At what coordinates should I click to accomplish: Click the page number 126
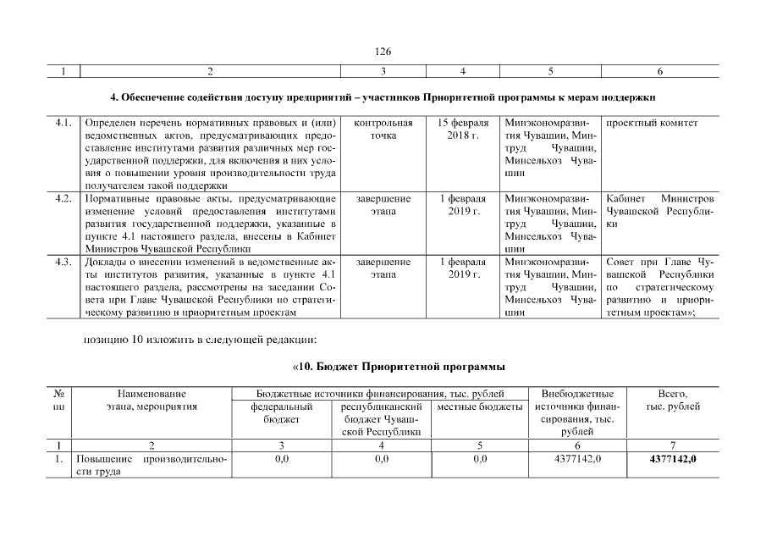pos(383,51)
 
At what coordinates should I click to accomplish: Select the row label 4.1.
pos(62,124)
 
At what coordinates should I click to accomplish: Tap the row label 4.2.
pos(62,198)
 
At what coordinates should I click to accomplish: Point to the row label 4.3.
pos(62,262)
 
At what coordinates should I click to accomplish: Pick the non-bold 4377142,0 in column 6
pos(576,459)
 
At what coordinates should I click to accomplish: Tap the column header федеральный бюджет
pos(282,412)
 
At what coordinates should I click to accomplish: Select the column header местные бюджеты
pos(480,406)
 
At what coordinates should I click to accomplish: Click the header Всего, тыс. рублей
pos(673,400)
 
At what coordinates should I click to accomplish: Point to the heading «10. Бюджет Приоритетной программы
pos(398,367)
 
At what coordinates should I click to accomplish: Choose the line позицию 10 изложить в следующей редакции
pos(200,340)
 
